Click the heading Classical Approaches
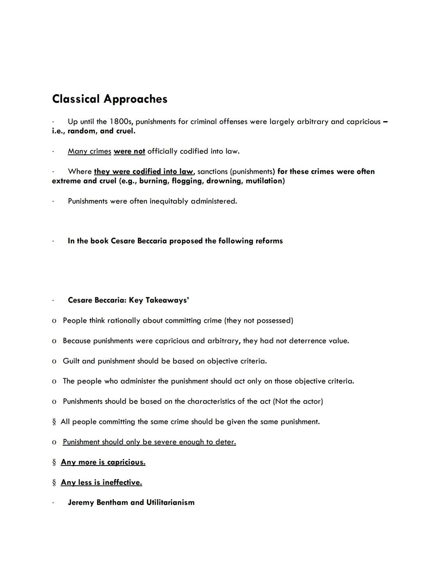(110, 99)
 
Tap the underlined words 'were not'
(129, 151)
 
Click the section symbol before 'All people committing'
(54, 422)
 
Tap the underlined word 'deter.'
(226, 442)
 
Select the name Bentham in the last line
(112, 503)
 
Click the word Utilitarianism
(170, 503)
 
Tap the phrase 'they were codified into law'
(143, 172)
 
